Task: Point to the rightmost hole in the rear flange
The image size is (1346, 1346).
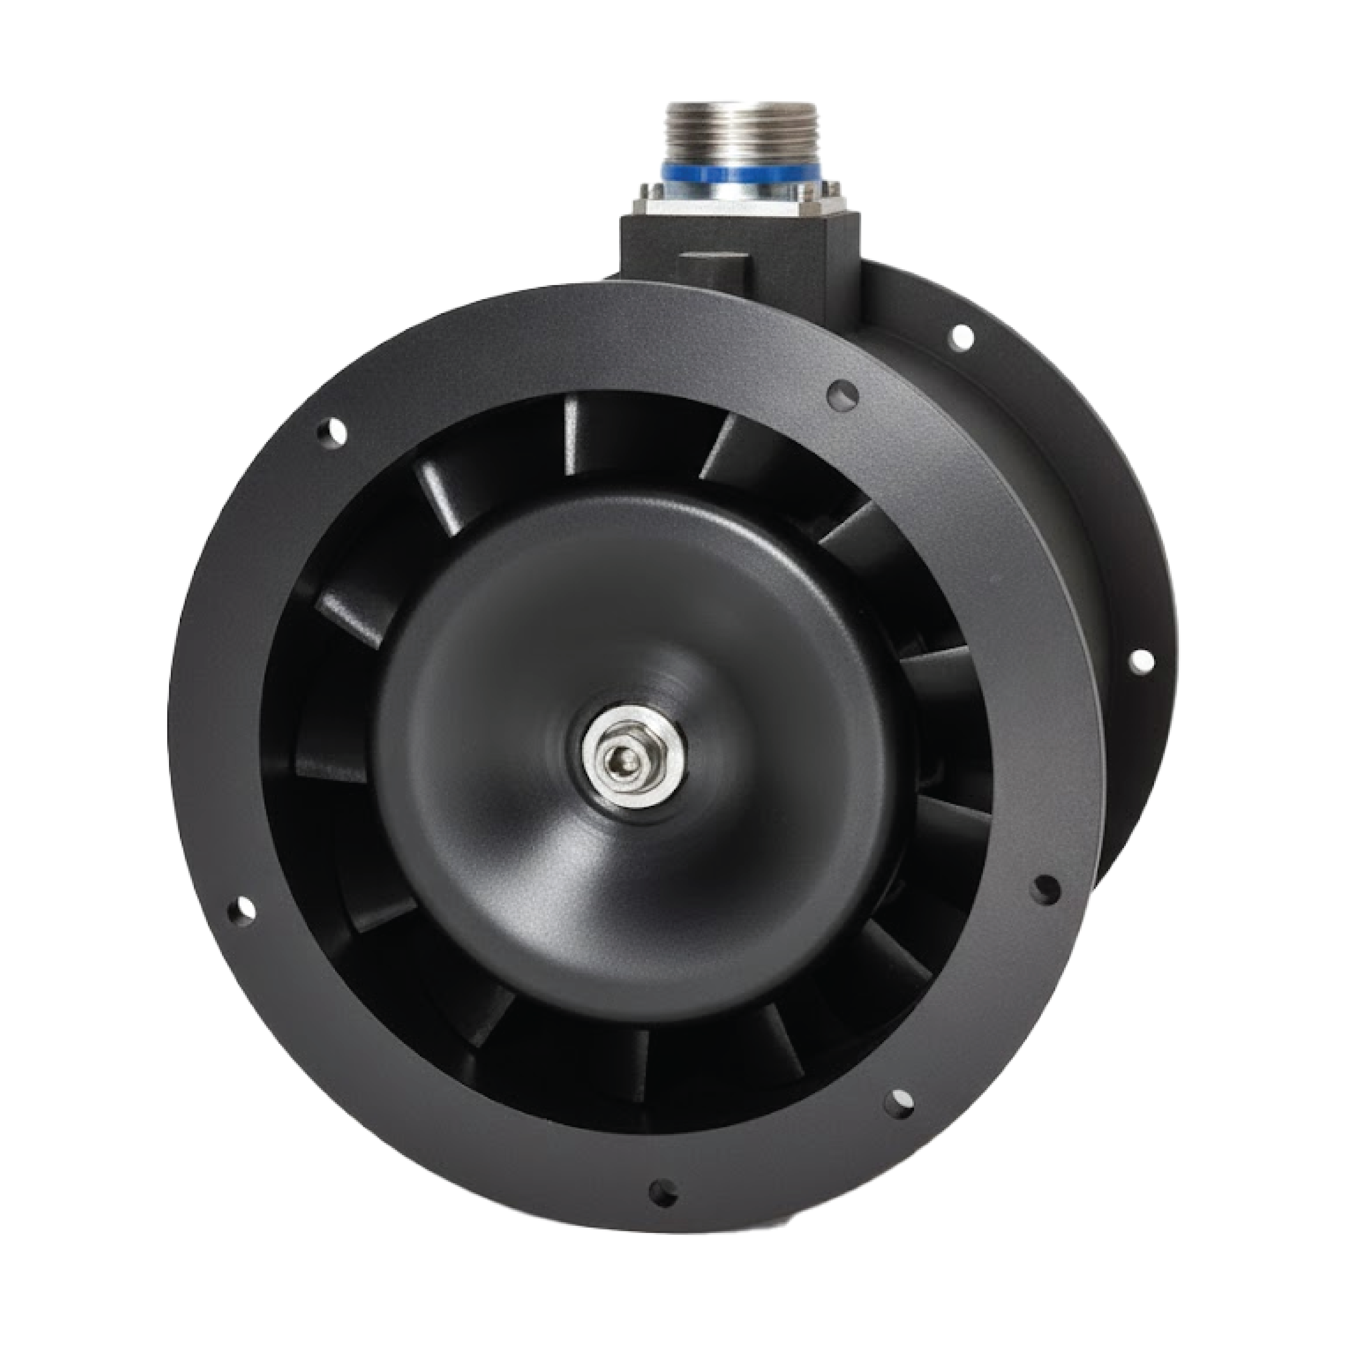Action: pyautogui.click(x=1140, y=660)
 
